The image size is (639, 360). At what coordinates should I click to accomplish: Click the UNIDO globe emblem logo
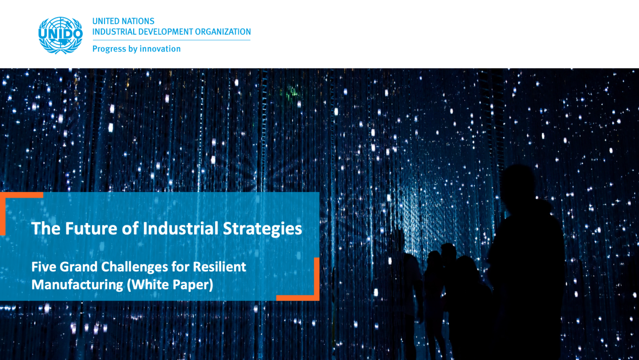click(x=61, y=35)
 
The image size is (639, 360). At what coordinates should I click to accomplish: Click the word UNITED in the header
click(x=106, y=21)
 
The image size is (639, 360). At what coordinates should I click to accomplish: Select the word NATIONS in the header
click(x=138, y=21)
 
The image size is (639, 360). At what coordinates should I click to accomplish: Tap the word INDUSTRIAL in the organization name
click(x=112, y=32)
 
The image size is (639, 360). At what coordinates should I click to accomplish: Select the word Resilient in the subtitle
click(x=220, y=267)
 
